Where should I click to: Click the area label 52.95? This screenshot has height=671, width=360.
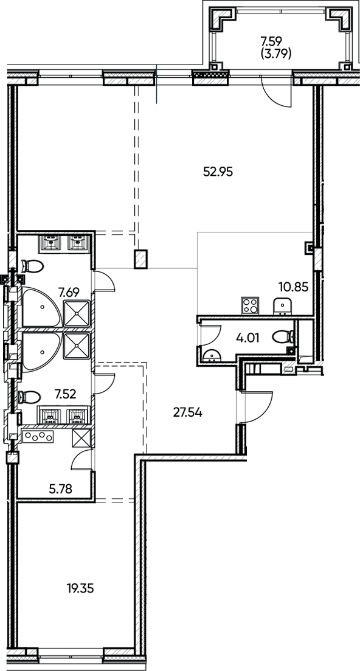pyautogui.click(x=218, y=171)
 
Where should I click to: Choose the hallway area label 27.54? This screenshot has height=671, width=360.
pyautogui.click(x=187, y=412)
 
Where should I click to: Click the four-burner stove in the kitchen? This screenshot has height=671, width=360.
pyautogui.click(x=251, y=305)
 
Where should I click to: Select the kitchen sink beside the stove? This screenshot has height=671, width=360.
pyautogui.click(x=282, y=305)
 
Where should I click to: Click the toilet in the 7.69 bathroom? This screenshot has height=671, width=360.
pyautogui.click(x=32, y=266)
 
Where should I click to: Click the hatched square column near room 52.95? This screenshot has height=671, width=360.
pyautogui.click(x=141, y=259)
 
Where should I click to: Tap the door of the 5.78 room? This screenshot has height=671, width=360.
pyautogui.click(x=82, y=461)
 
